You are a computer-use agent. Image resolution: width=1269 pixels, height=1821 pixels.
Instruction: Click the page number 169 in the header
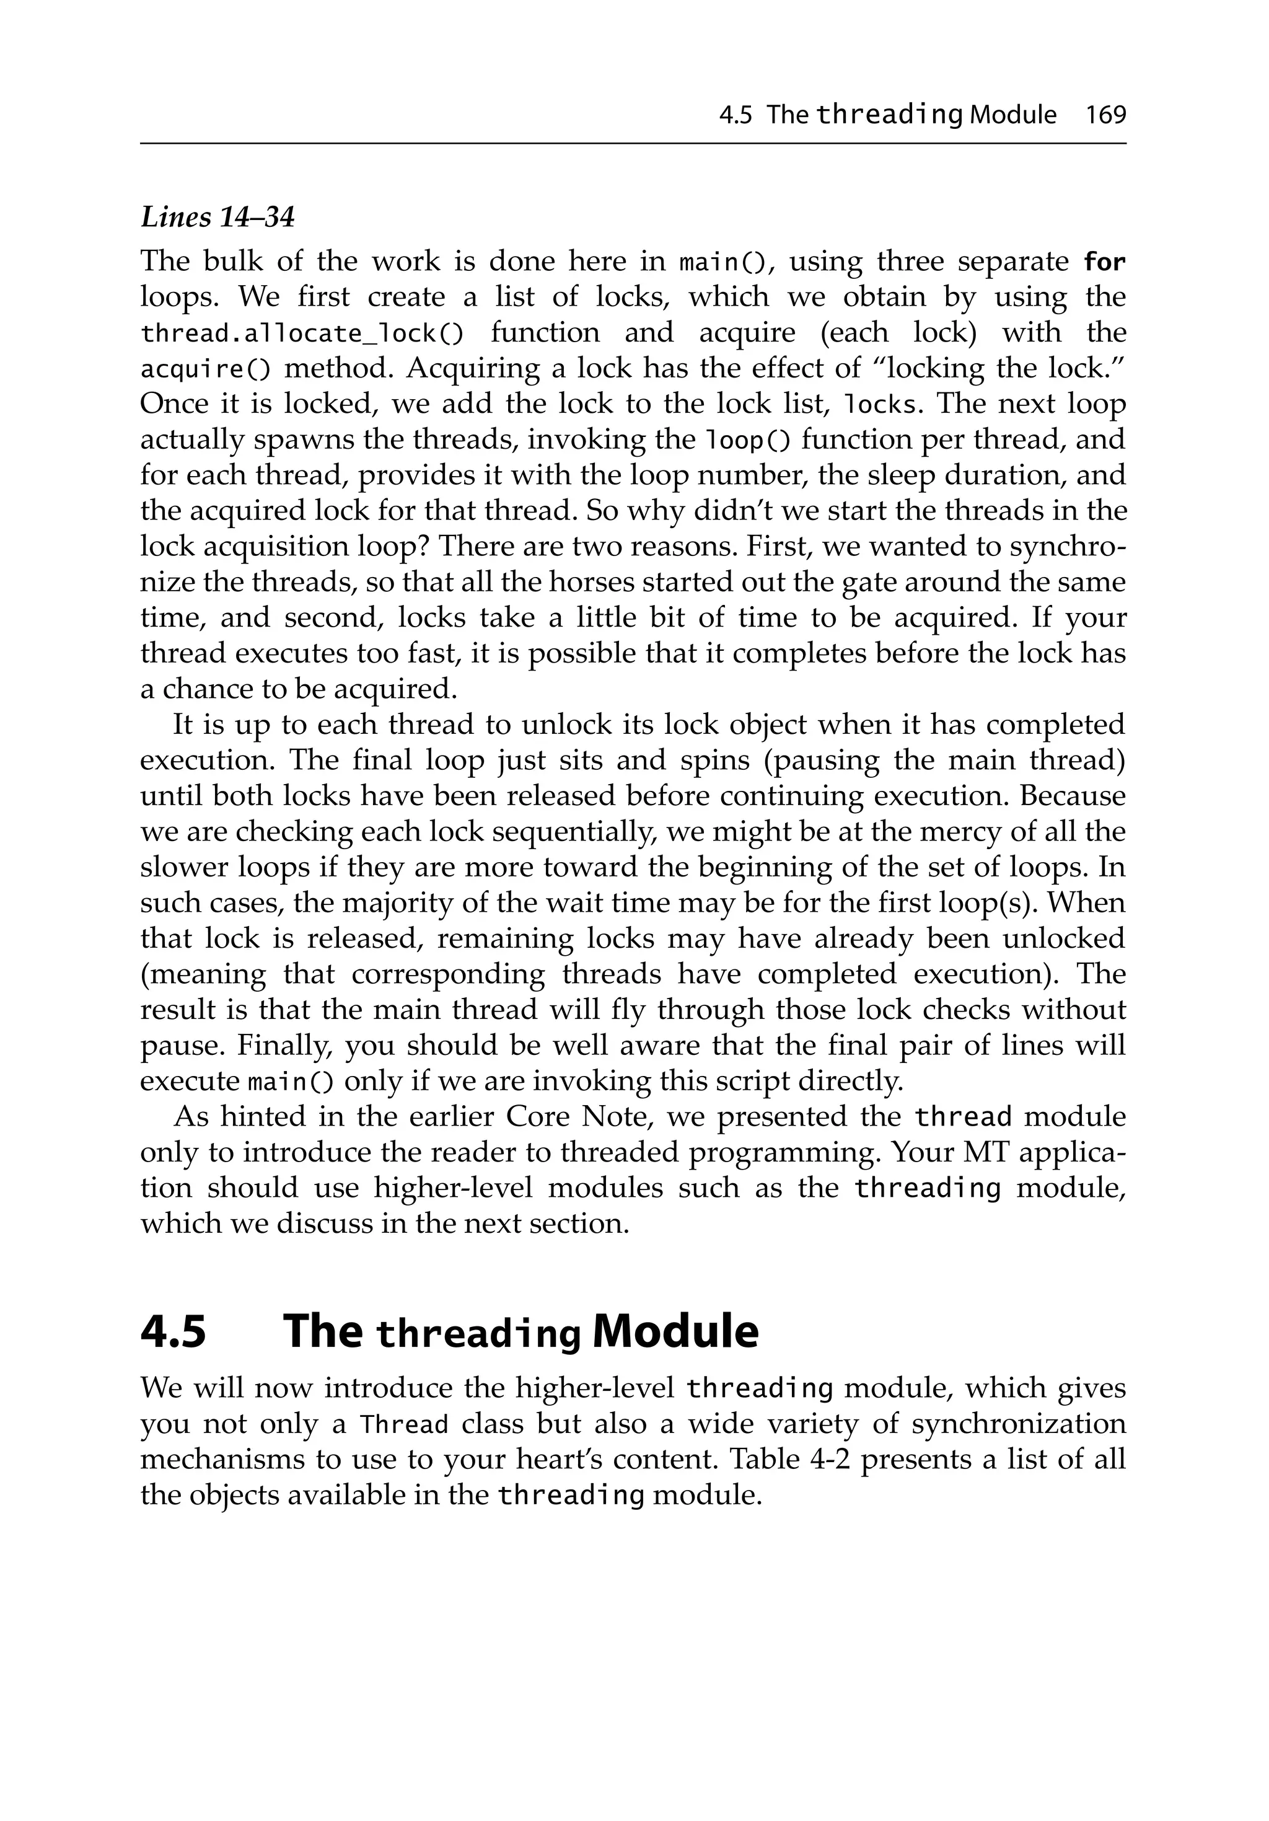tap(1105, 115)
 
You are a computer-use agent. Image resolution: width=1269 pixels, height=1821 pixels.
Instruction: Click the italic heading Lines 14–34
tap(217, 216)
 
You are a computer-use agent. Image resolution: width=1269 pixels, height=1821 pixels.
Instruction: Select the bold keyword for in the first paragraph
tap(1104, 261)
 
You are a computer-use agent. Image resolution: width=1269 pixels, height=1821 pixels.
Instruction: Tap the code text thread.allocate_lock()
tap(301, 333)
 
